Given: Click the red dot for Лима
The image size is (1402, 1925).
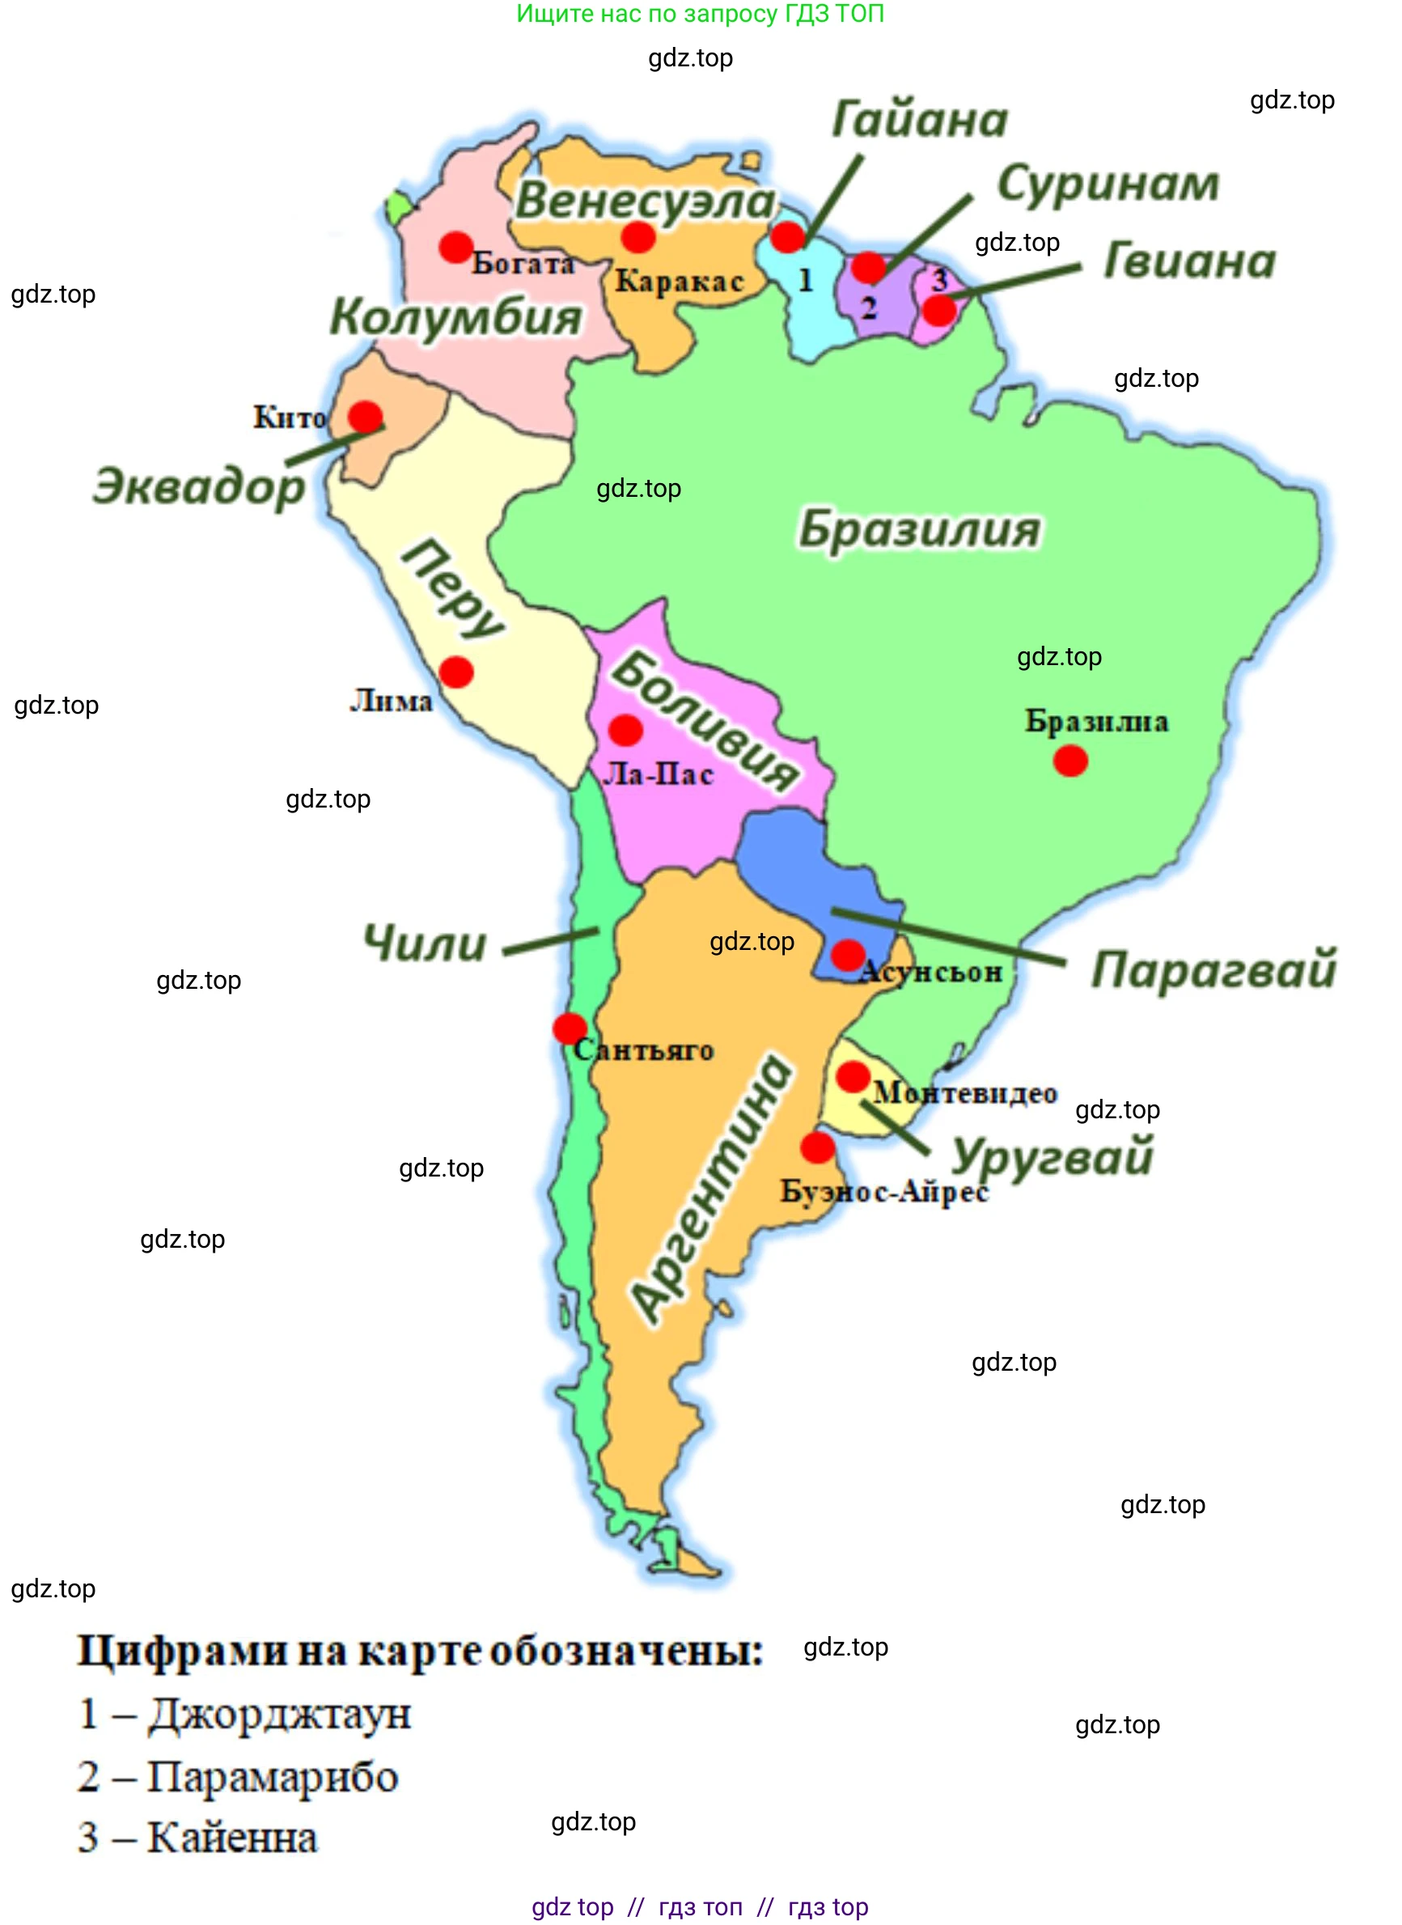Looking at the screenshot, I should [455, 672].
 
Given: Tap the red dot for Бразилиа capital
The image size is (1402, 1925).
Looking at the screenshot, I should [1070, 761].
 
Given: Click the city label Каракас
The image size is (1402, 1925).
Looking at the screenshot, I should [679, 281].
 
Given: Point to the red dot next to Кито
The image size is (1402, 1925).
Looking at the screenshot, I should [366, 417].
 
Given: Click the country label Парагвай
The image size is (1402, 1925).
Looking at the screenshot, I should [1214, 969].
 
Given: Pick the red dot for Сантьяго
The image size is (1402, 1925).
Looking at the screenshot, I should [570, 1028].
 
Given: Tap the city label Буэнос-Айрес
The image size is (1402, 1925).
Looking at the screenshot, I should [884, 1191].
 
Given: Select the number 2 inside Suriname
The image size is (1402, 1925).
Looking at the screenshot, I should [868, 307].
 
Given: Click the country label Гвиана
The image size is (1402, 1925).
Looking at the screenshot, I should [1190, 261].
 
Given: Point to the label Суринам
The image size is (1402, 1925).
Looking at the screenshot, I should [1108, 184].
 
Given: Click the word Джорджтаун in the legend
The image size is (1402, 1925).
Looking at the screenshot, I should [279, 1714].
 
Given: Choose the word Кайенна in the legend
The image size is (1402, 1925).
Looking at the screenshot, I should [232, 1837].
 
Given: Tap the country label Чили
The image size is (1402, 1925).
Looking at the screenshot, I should [426, 943].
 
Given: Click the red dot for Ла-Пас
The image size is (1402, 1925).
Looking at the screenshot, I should [625, 729].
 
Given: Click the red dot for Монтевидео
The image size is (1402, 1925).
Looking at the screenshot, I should [853, 1076].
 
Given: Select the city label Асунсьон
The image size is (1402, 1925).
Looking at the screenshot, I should [931, 971].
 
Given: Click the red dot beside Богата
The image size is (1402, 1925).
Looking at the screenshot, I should [455, 247].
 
